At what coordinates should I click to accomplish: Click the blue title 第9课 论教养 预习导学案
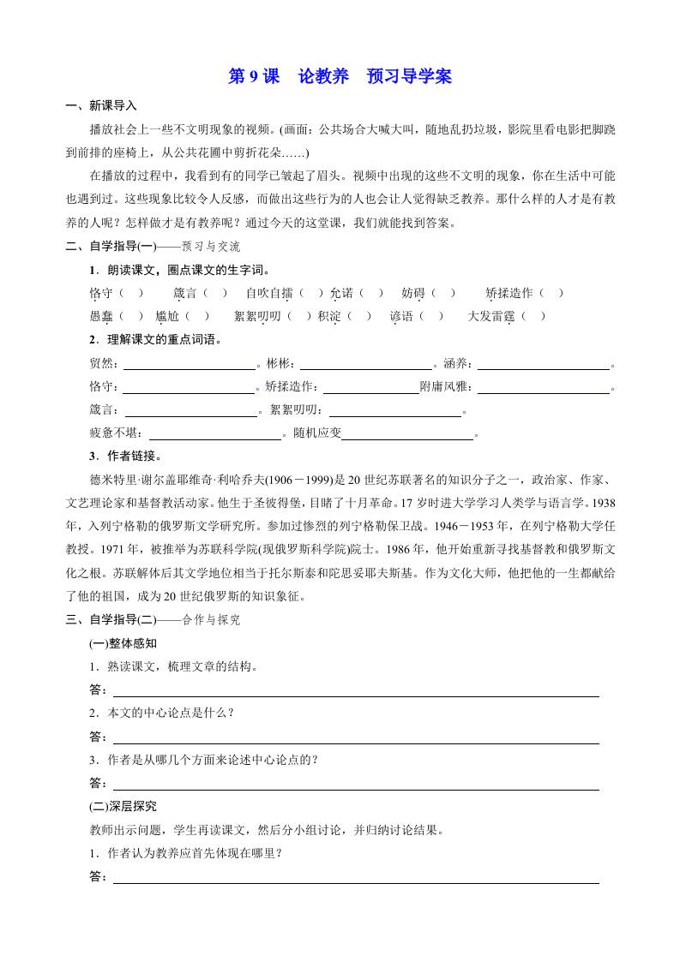point(340,76)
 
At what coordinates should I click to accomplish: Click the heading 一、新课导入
point(101,106)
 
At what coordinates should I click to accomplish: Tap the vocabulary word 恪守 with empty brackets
point(101,293)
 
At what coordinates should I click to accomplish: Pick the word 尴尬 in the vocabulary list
point(167,316)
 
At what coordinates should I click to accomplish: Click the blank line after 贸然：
point(190,366)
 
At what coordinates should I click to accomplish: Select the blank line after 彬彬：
point(366,366)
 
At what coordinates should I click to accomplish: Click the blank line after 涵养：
point(543,366)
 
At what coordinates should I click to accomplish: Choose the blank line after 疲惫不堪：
point(215,435)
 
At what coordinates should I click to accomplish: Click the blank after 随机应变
point(407,435)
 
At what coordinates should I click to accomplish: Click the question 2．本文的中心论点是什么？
point(162,713)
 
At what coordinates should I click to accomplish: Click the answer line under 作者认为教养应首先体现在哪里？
point(356,880)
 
